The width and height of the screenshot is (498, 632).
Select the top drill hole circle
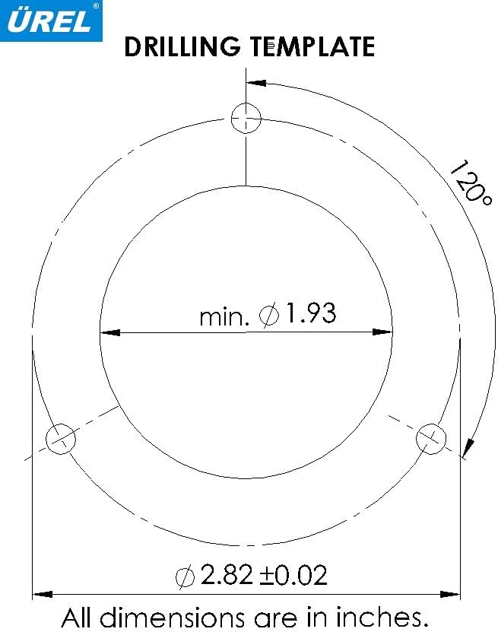click(246, 119)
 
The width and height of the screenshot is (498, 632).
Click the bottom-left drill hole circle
click(61, 439)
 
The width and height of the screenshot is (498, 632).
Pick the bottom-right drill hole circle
click(432, 439)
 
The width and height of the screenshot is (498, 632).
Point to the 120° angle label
click(466, 182)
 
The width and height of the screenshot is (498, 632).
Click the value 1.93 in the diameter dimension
click(310, 313)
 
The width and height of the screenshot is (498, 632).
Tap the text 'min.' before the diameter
click(224, 316)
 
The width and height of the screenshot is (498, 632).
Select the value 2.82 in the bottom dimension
click(227, 575)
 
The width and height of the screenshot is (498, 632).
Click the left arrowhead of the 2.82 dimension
click(42, 593)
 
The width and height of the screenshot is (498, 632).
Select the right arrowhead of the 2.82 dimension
click(452, 593)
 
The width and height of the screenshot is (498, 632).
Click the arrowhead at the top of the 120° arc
click(256, 81)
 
